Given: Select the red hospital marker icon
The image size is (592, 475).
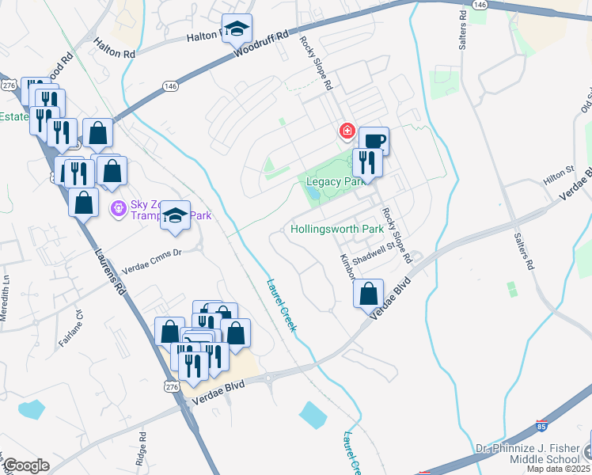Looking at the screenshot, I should [x=346, y=131].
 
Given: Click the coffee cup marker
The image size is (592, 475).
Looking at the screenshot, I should [x=374, y=141].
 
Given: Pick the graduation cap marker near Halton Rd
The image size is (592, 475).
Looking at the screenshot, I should [x=236, y=29].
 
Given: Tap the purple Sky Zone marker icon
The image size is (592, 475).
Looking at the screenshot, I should [x=119, y=209].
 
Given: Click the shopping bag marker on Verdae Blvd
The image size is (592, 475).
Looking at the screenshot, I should [x=368, y=294].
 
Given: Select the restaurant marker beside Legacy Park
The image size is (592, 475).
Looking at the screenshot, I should [x=366, y=162].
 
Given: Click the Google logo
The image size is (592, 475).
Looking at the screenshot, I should [x=26, y=465].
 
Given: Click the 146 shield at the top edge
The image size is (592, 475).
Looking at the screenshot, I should [x=479, y=4].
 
